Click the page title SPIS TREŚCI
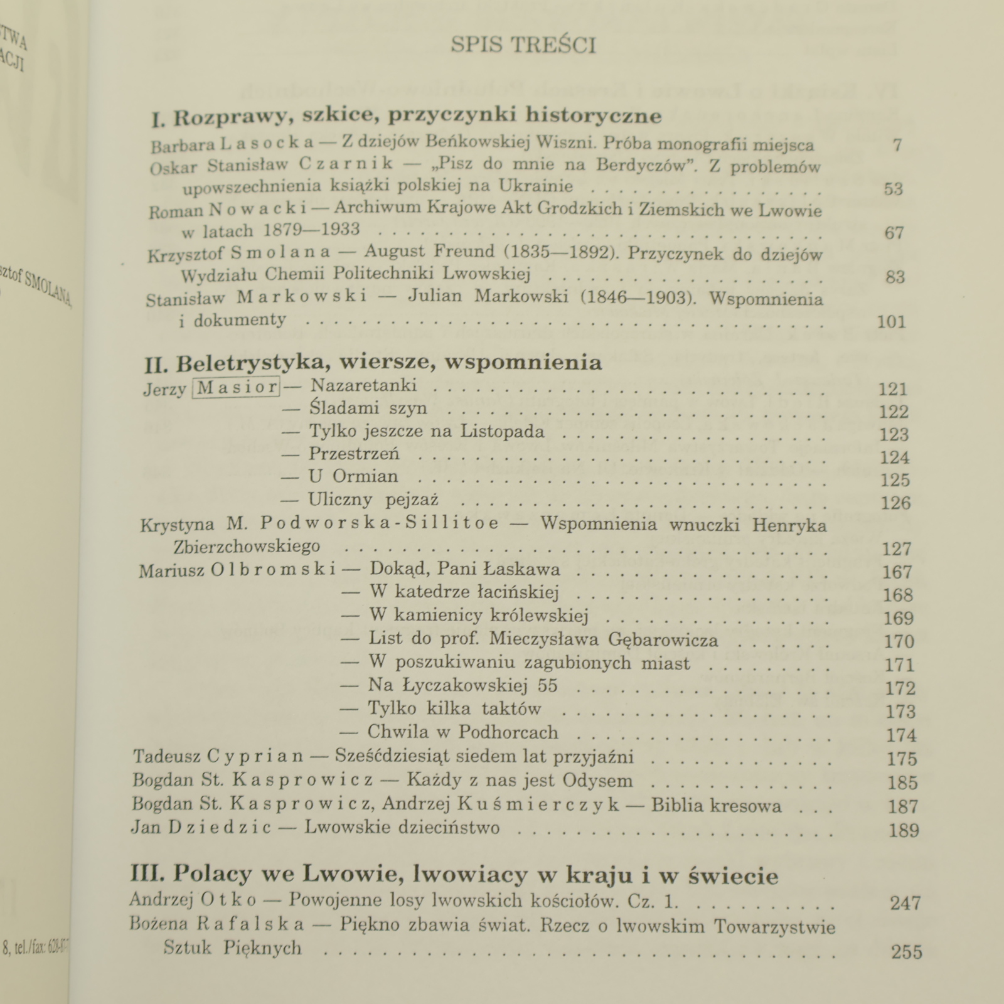523,46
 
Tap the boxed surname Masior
237,388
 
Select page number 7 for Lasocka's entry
897,145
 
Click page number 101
891,322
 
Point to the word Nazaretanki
363,385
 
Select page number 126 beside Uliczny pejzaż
895,503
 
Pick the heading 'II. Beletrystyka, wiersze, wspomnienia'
373,363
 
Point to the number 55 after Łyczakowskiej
547,685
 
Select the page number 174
900,735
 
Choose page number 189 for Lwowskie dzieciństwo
904,830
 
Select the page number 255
907,952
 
